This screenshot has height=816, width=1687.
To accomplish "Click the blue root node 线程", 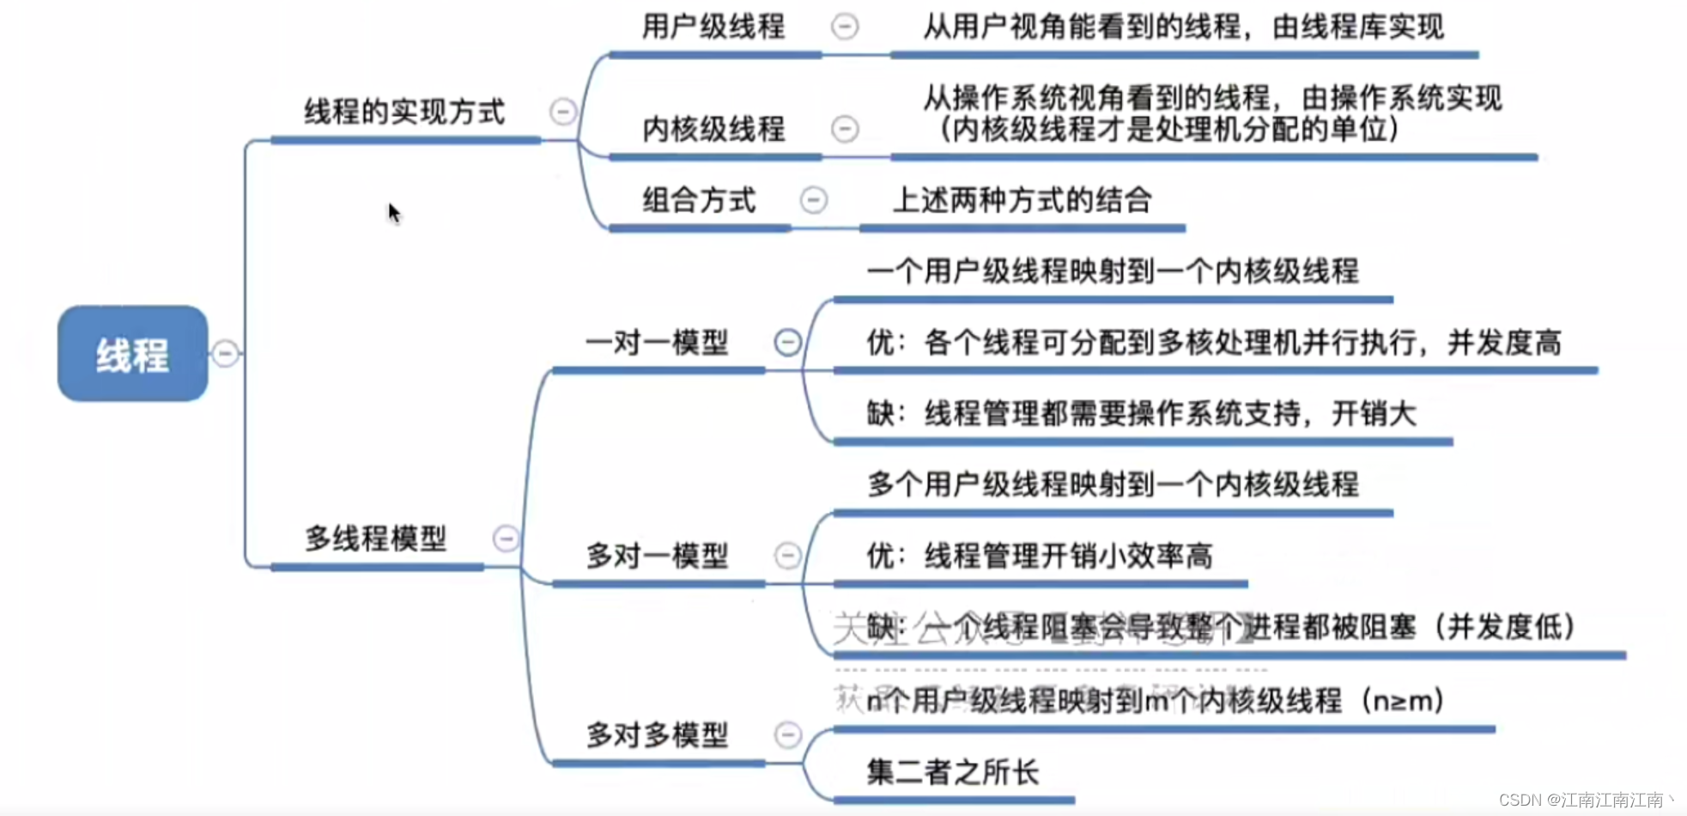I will coord(132,353).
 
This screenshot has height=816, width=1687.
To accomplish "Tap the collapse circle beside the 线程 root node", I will coord(225,353).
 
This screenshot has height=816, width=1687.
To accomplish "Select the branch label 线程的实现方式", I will coord(404,112).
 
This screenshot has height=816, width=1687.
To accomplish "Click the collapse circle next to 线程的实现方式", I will coord(563,112).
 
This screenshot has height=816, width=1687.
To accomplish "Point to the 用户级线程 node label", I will coord(713,27).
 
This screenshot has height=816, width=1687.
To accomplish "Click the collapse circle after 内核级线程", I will coord(845,129).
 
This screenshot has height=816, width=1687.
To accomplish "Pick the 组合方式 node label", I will coord(699,201).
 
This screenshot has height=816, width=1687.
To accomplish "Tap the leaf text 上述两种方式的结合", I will coord(1022,201).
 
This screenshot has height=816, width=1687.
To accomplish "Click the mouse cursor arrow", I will coord(393,212).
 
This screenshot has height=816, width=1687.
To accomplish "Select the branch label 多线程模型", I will coord(376,539).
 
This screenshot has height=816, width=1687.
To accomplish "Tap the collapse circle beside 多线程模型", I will coord(506,539).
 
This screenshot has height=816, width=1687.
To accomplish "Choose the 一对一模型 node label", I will coord(657,343).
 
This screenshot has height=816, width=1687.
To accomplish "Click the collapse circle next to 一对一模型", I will coord(787,343).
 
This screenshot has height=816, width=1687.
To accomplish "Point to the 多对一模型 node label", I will coord(657,556).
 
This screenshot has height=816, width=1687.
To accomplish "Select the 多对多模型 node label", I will coord(657,735).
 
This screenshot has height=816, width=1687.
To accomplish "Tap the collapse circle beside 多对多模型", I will coord(787,735).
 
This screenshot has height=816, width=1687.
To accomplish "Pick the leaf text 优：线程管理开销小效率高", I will coord(1039,557).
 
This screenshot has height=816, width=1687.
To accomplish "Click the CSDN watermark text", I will coord(1585,800).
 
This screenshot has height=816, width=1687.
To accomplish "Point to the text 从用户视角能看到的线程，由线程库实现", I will coord(1183,27).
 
